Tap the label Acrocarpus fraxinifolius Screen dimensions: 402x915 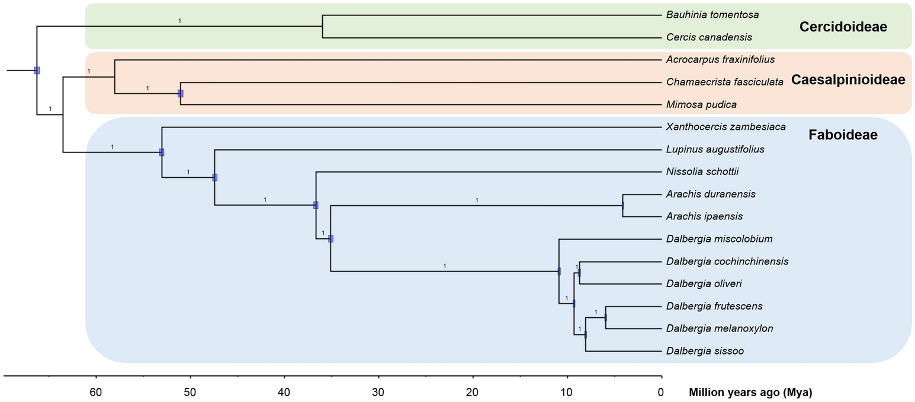point(720,59)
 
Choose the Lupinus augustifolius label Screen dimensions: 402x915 point(715,149)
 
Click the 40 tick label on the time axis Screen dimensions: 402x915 point(284,392)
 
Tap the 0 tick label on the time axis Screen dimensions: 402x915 point(660,392)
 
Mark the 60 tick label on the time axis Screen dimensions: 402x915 point(96,392)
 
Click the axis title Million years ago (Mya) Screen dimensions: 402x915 point(750,393)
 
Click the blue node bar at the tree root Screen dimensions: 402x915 point(37,71)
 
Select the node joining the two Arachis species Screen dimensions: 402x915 point(623,206)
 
